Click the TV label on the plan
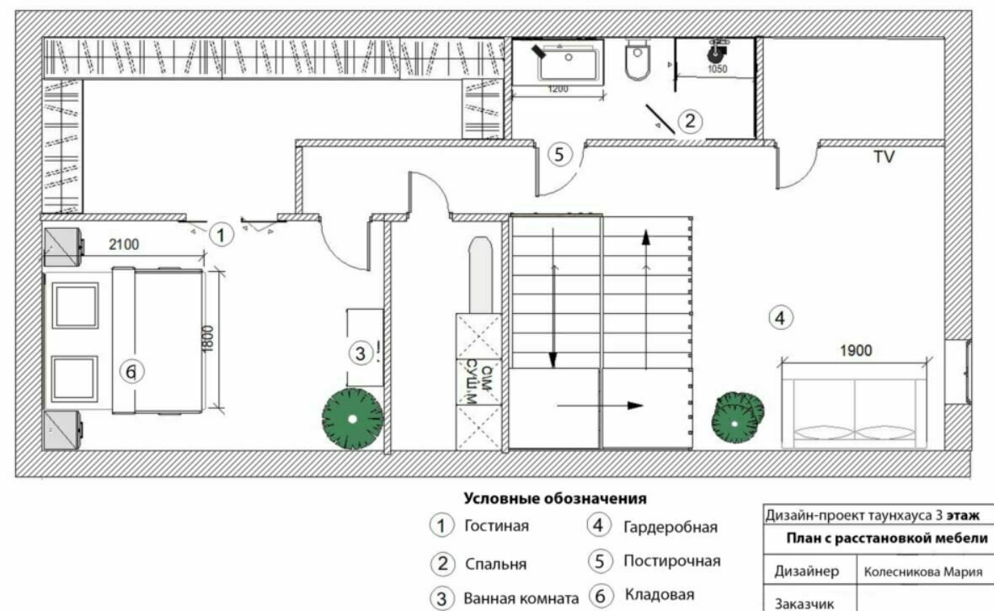point(884,157)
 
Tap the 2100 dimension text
point(124,244)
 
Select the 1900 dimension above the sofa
point(856,350)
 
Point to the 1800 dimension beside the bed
point(208,338)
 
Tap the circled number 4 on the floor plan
point(780,317)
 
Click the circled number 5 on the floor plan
point(559,154)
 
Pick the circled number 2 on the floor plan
point(691,120)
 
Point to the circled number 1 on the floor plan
point(221,236)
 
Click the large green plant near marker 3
point(352,419)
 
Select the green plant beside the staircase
point(736,417)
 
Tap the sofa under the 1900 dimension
point(854,406)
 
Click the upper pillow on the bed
point(76,305)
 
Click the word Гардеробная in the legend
point(671,527)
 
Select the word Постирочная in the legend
point(672,561)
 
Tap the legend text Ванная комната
point(521,598)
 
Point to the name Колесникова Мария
point(923,572)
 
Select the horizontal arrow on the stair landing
point(601,405)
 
